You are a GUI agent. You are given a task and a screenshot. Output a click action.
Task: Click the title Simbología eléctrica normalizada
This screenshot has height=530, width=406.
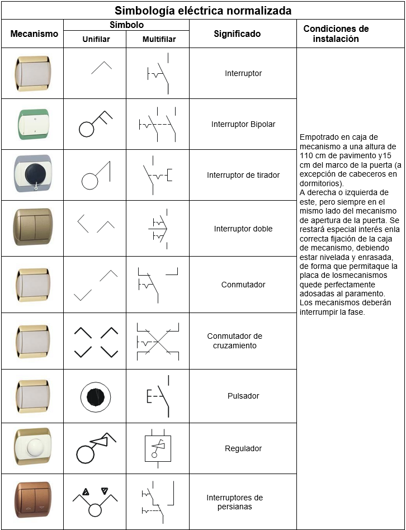203,11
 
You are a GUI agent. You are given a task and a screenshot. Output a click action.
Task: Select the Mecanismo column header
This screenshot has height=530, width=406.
34,34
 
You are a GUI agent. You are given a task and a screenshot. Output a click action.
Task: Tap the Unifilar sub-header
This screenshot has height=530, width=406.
96,39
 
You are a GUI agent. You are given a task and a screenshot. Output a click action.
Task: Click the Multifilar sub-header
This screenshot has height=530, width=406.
159,39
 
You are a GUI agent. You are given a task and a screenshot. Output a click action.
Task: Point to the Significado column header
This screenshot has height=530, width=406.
237,34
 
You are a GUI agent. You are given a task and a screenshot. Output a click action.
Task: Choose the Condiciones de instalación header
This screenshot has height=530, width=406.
336,34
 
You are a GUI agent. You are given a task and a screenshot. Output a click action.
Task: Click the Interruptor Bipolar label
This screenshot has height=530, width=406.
243,124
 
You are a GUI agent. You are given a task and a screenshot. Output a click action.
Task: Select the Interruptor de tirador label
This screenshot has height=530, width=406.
243,175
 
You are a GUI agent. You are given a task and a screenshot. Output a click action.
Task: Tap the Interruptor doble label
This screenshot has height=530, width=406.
243,229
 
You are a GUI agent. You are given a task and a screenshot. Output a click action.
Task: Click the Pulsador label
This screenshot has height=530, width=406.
243,396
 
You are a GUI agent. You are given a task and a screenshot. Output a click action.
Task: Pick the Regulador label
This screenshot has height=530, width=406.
243,448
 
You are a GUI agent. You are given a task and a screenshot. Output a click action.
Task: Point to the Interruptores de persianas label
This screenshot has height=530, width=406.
235,502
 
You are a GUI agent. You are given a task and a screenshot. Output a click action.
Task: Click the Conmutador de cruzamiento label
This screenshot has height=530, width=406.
235,340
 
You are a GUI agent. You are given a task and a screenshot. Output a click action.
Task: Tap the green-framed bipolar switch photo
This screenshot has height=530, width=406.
33,124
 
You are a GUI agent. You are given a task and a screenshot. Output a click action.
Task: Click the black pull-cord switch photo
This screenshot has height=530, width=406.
33,173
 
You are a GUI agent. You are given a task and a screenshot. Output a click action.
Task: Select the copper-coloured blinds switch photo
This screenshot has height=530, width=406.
33,500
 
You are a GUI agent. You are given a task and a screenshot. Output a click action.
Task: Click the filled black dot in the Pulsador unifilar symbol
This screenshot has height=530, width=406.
95,397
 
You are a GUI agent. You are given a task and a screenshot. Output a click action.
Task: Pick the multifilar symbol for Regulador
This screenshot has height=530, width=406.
158,448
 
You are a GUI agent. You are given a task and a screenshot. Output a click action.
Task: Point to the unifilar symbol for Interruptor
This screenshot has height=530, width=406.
101,68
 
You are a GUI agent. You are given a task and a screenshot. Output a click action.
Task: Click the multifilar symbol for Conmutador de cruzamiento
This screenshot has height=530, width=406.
158,342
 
